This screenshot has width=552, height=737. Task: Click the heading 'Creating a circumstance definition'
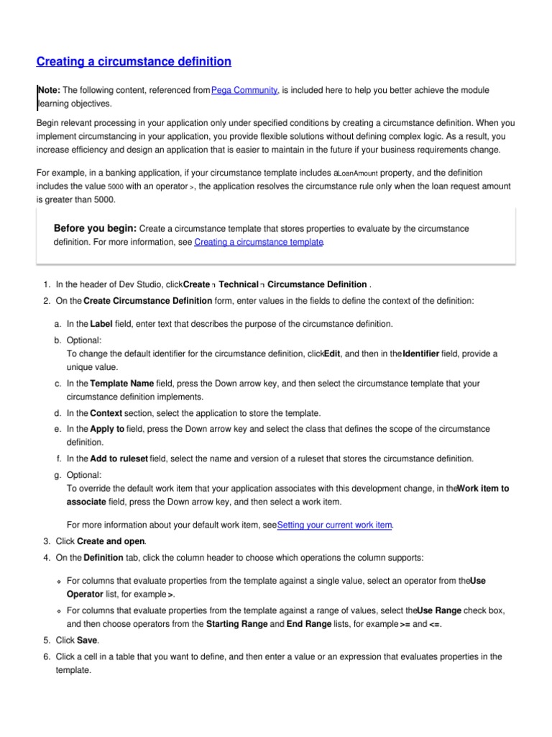click(x=134, y=62)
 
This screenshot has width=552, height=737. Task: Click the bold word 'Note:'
click(x=50, y=90)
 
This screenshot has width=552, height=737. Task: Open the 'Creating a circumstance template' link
click(x=259, y=243)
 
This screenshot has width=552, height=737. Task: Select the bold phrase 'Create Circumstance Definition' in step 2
click(x=147, y=300)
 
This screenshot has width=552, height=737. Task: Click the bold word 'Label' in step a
click(x=101, y=325)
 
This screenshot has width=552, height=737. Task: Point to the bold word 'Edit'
click(x=332, y=354)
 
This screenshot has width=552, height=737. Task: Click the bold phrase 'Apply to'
click(x=107, y=429)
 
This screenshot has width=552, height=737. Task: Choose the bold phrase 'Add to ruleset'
click(x=119, y=458)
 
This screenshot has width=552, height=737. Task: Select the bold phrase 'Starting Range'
click(x=236, y=624)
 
